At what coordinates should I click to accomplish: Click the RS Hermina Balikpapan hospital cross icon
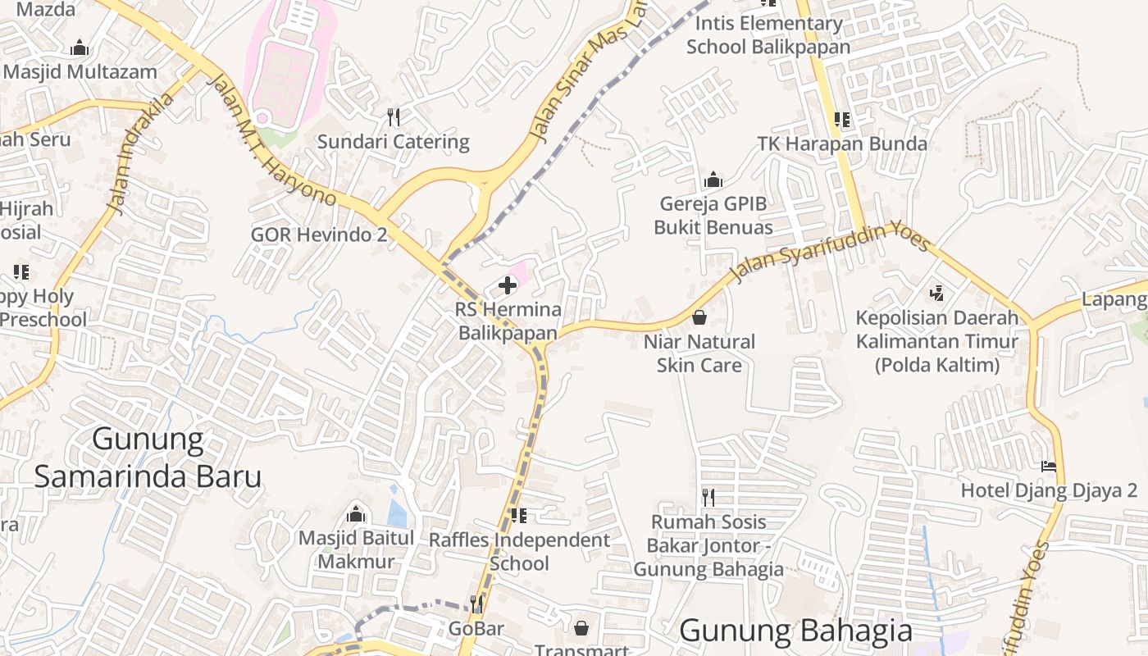tap(508, 285)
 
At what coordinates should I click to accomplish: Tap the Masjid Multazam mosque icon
tap(80, 48)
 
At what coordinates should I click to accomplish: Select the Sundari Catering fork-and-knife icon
tap(394, 117)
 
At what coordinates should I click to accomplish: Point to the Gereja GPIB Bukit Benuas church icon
tap(713, 180)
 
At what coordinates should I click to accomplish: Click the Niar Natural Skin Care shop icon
tap(699, 317)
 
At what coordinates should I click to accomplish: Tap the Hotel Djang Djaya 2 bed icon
tap(1049, 467)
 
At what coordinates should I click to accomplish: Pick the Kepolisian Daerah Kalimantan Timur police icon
tap(936, 292)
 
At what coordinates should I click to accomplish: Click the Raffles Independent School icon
tap(518, 516)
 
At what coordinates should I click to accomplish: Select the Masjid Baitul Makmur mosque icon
tap(356, 514)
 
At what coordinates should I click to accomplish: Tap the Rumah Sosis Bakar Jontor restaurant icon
tap(708, 497)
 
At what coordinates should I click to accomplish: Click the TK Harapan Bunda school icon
tap(841, 120)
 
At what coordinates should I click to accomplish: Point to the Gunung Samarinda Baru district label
tap(148, 458)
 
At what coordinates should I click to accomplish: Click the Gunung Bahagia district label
tap(795, 631)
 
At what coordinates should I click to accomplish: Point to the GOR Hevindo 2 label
tap(319, 235)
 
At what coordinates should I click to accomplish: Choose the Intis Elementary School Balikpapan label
tap(768, 34)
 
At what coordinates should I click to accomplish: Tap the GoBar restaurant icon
tap(476, 604)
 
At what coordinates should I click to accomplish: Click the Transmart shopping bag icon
tap(581, 628)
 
